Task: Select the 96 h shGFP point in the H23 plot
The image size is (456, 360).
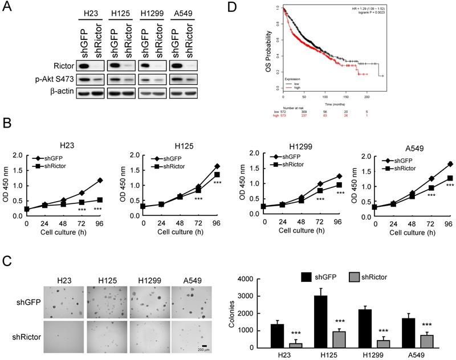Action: point(101,181)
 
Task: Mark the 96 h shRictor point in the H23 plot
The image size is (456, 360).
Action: point(101,200)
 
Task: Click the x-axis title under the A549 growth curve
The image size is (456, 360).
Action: point(402,239)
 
